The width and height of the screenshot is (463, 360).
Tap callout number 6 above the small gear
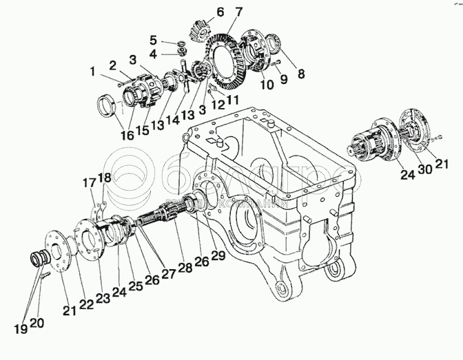[x=200, y=12]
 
